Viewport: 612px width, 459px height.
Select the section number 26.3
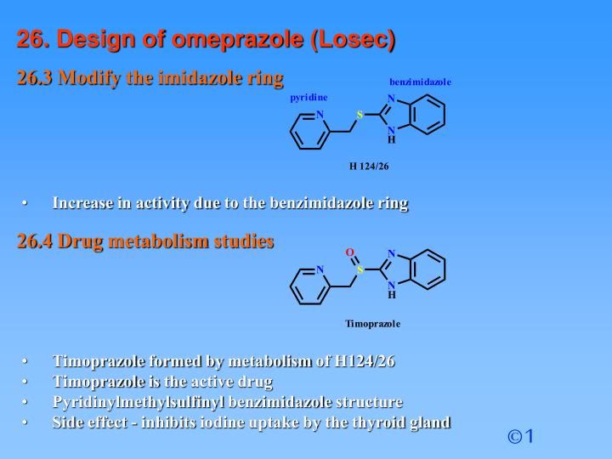35,78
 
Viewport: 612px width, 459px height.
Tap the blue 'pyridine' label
309,97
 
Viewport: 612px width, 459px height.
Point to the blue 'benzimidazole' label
420,82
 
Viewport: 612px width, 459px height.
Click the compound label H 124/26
369,166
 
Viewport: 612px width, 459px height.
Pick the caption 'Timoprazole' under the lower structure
372,324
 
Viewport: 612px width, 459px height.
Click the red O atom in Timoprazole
348,252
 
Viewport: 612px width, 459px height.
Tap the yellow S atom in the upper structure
360,115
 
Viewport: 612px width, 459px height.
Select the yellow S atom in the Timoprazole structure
360,270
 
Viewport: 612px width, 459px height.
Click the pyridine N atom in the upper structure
320,115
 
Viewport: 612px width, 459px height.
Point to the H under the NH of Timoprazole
392,296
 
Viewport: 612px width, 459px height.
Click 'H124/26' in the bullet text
365,361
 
